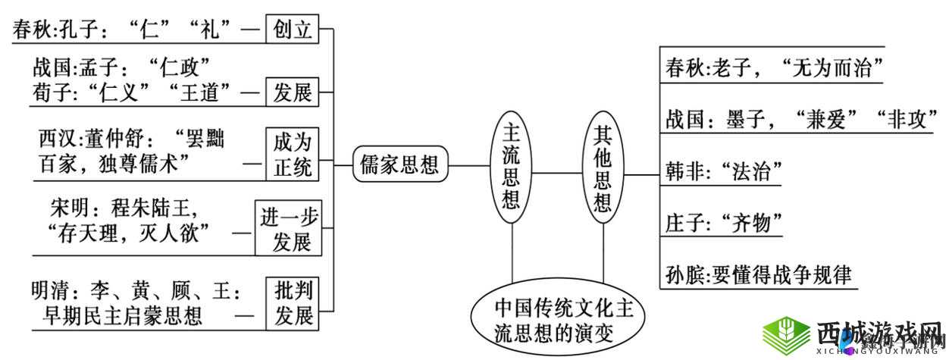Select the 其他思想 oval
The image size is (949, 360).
pyautogui.click(x=603, y=168)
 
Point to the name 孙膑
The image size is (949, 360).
pyautogui.click(x=685, y=274)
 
